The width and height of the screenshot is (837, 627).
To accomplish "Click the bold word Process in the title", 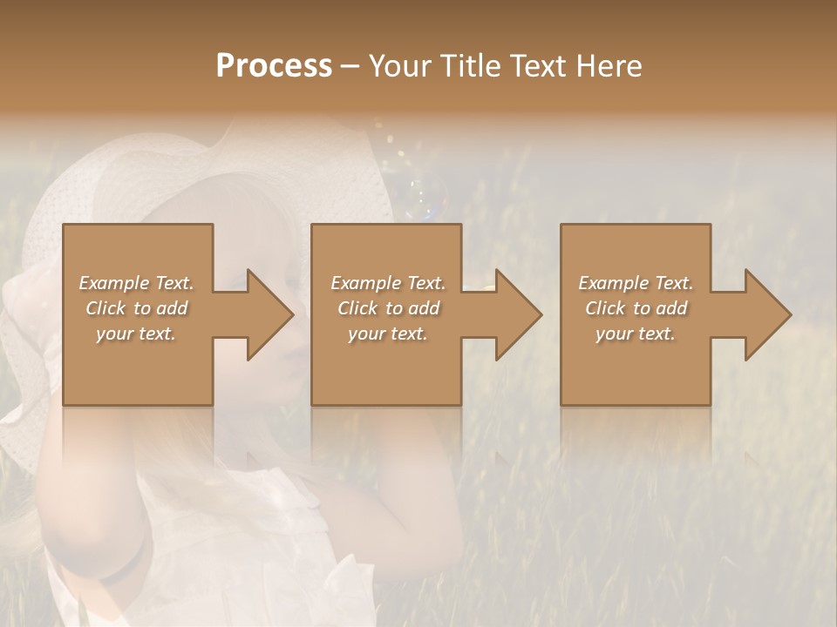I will tap(274, 66).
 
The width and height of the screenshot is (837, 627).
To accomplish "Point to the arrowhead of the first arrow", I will tap(267, 314).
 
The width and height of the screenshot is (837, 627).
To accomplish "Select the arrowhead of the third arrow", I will tap(766, 314).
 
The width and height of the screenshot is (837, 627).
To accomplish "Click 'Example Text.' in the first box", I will tap(137, 283).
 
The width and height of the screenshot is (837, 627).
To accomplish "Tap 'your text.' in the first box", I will tap(137, 334).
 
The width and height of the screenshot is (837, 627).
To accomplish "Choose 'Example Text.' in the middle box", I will tap(388, 283).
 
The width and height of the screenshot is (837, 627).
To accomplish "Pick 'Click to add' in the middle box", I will tap(388, 308).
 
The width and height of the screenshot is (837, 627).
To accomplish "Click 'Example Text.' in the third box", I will tap(636, 283).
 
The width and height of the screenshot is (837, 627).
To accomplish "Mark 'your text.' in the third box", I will tap(636, 334).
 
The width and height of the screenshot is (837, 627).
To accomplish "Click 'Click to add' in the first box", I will tap(137, 308).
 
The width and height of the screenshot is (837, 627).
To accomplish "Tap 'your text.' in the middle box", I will tap(388, 334).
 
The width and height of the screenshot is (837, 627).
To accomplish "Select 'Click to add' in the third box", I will tap(636, 308).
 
